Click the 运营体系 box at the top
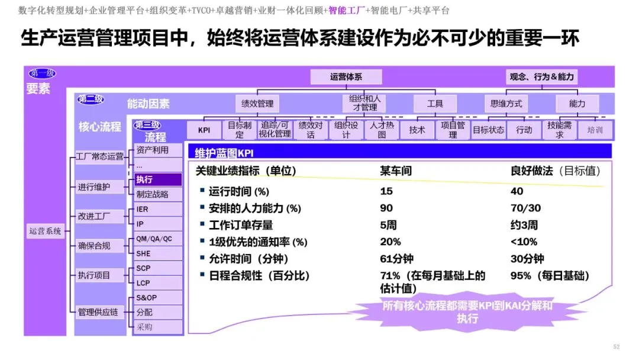(x=346, y=76)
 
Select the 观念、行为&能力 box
(x=541, y=76)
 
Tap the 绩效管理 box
(x=257, y=104)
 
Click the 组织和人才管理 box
(x=364, y=103)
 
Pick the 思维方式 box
(x=506, y=104)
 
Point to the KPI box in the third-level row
(x=204, y=130)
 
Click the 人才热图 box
(x=382, y=130)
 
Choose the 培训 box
(x=595, y=130)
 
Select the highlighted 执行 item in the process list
(x=158, y=179)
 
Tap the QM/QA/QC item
(x=158, y=239)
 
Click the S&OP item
(x=158, y=298)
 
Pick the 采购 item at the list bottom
(x=158, y=327)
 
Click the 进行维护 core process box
(x=99, y=187)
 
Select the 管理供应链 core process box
(x=99, y=312)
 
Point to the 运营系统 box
(x=45, y=231)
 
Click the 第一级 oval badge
(x=42, y=73)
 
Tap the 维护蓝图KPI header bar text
(x=224, y=153)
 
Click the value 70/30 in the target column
(x=525, y=208)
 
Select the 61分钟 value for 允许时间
(x=396, y=259)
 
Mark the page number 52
(x=616, y=346)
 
